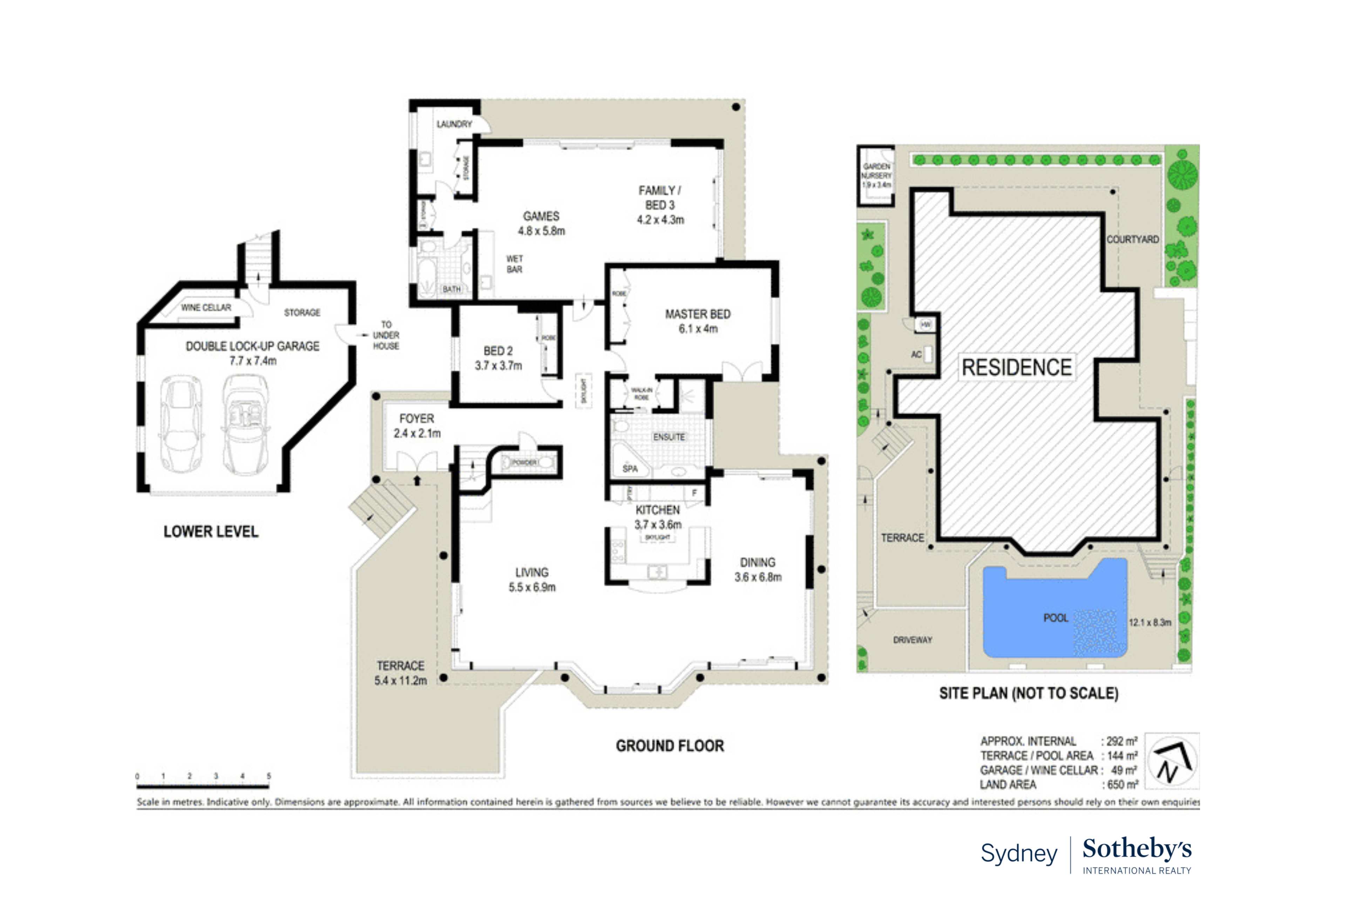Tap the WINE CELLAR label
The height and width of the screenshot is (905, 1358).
pos(206,308)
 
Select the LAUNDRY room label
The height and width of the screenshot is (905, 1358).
pos(454,124)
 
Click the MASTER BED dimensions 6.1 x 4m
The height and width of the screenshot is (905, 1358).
pos(698,329)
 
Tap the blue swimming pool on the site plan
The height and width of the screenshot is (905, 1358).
pos(1038,612)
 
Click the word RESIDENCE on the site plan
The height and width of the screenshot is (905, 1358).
pos(1017,368)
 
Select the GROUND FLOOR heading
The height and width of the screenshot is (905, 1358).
pos(669,746)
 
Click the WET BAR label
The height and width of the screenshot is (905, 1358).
pos(514,264)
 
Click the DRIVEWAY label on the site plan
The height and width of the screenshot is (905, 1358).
pos(912,640)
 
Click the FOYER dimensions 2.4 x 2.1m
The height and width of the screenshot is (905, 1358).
pos(416,433)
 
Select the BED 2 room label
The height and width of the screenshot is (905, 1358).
pos(497,351)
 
